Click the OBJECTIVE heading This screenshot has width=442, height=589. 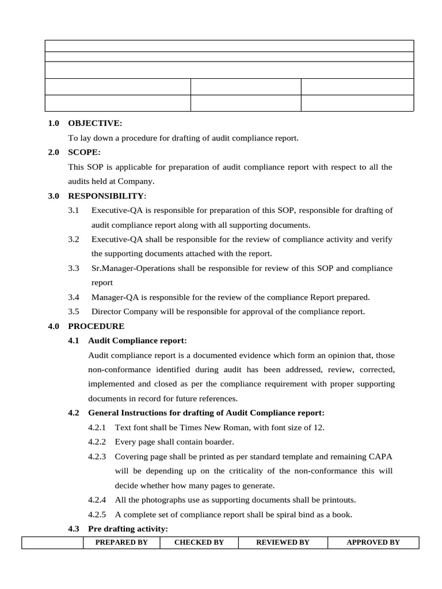click(x=95, y=124)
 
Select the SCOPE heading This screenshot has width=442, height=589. click(x=84, y=152)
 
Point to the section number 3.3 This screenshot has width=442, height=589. click(x=73, y=269)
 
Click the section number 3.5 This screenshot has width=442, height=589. click(x=73, y=312)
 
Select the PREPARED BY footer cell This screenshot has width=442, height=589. click(x=121, y=542)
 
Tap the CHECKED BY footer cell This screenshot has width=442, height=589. click(x=199, y=542)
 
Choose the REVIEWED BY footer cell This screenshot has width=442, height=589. click(x=283, y=542)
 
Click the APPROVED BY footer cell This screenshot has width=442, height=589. click(x=373, y=542)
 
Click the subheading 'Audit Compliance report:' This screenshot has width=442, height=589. click(x=138, y=341)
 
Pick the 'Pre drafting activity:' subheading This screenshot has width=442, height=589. click(x=128, y=529)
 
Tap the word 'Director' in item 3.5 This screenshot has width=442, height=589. click(x=106, y=312)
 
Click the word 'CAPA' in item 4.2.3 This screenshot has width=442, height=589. click(x=381, y=457)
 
